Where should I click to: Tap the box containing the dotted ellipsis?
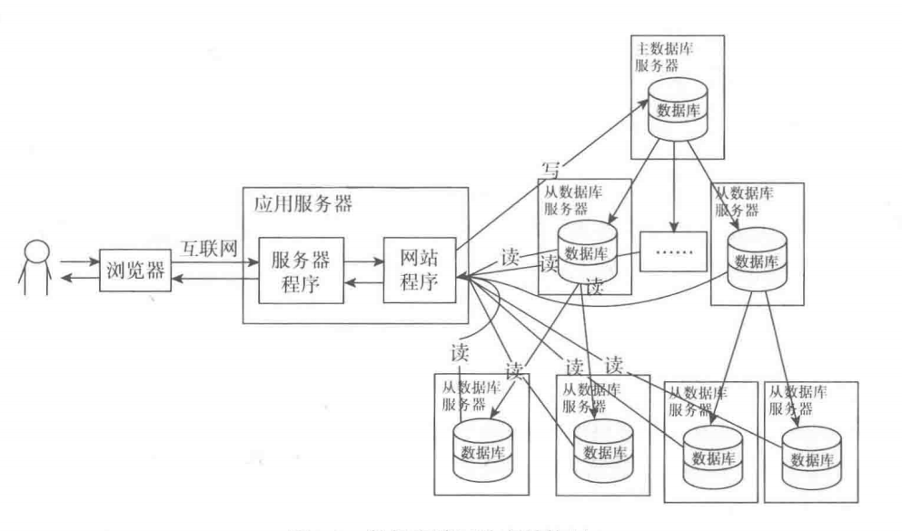pyautogui.click(x=673, y=250)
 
